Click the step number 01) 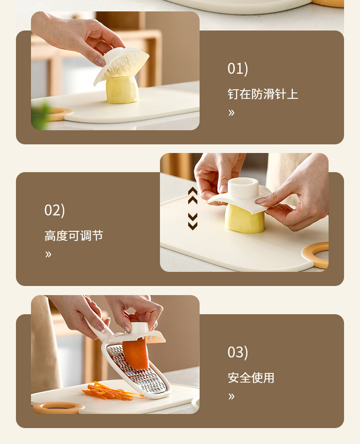point(237,69)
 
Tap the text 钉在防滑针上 point(262,94)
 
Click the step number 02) point(54,210)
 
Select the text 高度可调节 point(74,235)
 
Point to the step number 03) point(237,352)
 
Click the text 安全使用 point(251,378)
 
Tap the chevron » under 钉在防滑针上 point(231,113)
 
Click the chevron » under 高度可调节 point(48,254)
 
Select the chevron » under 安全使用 point(231,396)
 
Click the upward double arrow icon point(193,195)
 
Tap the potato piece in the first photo point(122,90)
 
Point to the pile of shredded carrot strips point(107,392)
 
